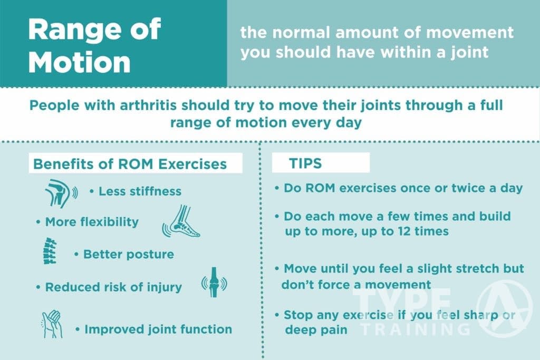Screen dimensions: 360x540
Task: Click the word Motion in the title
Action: click(79, 62)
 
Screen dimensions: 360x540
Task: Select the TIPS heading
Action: click(305, 163)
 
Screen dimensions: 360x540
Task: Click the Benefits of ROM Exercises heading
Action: click(130, 164)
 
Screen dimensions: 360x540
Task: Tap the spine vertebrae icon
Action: click(49, 251)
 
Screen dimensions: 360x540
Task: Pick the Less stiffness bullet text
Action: click(140, 191)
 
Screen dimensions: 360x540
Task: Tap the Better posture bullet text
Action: click(128, 254)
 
